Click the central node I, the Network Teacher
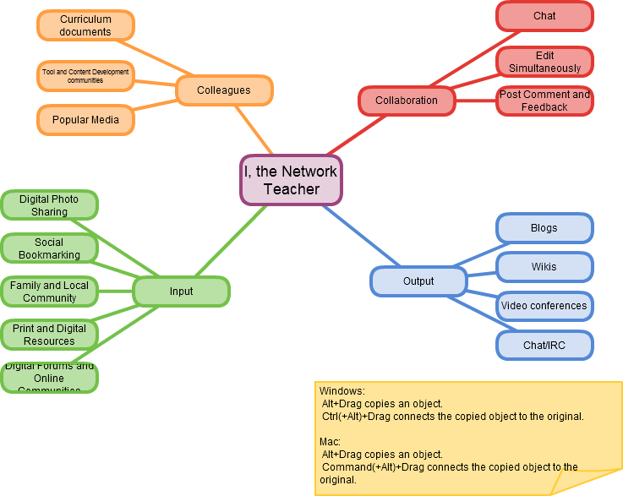pyautogui.click(x=291, y=180)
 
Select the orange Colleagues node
pyautogui.click(x=224, y=90)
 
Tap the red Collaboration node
pyautogui.click(x=407, y=101)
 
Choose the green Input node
pyautogui.click(x=181, y=292)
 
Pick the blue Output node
pyautogui.click(x=418, y=281)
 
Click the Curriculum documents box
pyautogui.click(x=85, y=25)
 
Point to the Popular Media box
pyautogui.click(x=85, y=120)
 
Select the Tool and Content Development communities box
pyautogui.click(x=85, y=76)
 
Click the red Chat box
pyautogui.click(x=544, y=16)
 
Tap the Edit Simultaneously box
pyautogui.click(x=544, y=62)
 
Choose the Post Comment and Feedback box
pyautogui.click(x=544, y=101)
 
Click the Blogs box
pyautogui.click(x=544, y=228)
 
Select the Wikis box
pyautogui.click(x=544, y=267)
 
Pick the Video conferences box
pyautogui.click(x=544, y=306)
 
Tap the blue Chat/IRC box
pyautogui.click(x=544, y=345)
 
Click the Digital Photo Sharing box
pyautogui.click(x=49, y=205)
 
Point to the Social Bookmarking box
pyautogui.click(x=49, y=248)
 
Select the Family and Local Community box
pyautogui.click(x=49, y=292)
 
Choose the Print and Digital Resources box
pyautogui.click(x=49, y=335)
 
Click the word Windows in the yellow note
pyautogui.click(x=341, y=391)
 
